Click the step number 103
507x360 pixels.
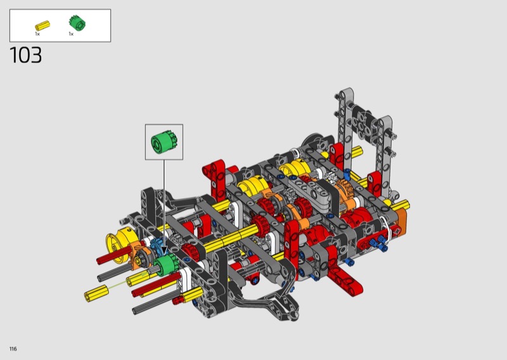tap(26, 55)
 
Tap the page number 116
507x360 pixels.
tap(13, 349)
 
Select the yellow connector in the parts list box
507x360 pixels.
tap(42, 25)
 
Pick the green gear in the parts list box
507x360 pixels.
tap(77, 23)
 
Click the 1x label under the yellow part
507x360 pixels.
tap(37, 34)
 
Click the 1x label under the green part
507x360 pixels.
tap(71, 34)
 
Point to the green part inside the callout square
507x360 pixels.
tap(164, 143)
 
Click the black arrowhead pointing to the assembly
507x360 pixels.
tap(164, 250)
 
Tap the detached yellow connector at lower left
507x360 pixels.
tap(96, 293)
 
